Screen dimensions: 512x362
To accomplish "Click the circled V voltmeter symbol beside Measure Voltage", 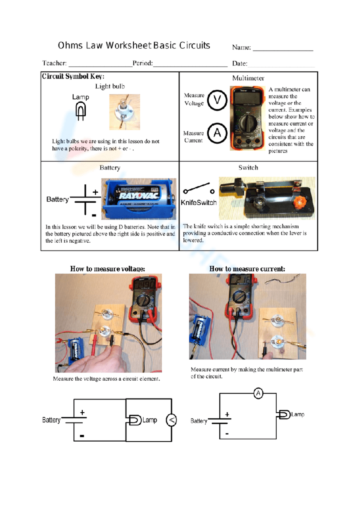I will (217, 100).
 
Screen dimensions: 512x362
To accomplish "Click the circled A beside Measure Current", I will (217, 133).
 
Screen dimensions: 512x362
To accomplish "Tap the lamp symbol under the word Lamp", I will (81, 111).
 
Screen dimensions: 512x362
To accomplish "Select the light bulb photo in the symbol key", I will (125, 112).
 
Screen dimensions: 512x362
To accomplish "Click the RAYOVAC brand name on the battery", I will (139, 195).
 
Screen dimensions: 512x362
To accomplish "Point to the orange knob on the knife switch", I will (299, 201).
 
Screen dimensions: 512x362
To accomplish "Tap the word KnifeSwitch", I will (198, 203).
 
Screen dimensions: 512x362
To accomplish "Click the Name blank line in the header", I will (283, 48).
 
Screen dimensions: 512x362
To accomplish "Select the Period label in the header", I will (142, 63).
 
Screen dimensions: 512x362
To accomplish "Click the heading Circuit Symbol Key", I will (73, 76).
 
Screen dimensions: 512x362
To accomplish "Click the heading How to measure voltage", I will (107, 269).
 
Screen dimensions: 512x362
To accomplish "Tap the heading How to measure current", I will (247, 269).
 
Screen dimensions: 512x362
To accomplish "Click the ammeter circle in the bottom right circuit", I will (258, 393).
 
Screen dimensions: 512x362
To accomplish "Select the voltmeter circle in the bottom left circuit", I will (171, 420).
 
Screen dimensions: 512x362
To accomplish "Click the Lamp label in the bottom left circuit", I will (150, 420).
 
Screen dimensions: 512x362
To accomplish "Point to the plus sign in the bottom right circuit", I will (227, 414).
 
